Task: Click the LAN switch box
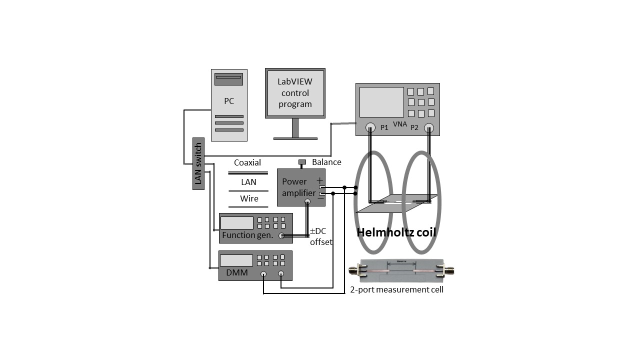pos(198,163)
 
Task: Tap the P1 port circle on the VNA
pos(370,127)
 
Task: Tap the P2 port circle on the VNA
pos(428,128)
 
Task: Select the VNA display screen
pos(381,102)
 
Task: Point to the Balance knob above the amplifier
pos(302,162)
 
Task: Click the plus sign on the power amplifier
pos(320,180)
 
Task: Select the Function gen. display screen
pos(237,222)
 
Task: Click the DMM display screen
pos(236,260)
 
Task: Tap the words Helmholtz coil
pos(396,232)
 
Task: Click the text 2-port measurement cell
pos(396,289)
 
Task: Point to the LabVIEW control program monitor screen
pos(295,93)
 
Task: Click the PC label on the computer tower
pos(229,101)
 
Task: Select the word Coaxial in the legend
pos(247,162)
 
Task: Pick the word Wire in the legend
pos(249,198)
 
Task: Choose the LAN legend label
pos(248,182)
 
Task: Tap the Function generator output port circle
pos(282,236)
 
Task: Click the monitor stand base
pos(295,138)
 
